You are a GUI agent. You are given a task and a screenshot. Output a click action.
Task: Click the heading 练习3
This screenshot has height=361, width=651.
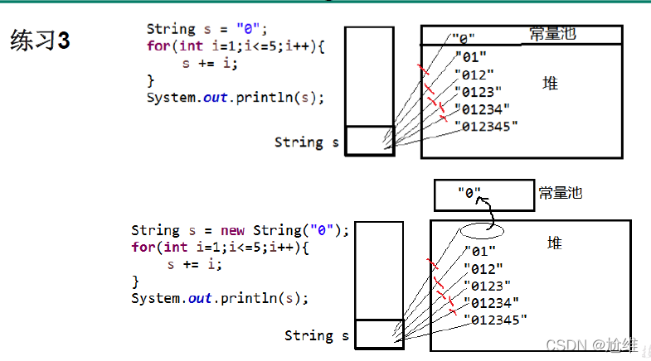(40, 41)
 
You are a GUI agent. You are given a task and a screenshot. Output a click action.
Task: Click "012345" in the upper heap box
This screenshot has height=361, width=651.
(487, 126)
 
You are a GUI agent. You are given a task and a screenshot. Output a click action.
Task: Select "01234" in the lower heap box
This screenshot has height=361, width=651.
(492, 303)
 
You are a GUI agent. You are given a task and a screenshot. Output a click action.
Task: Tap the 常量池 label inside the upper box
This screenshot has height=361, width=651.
(552, 35)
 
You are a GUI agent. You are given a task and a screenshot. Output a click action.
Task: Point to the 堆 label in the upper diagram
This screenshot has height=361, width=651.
(550, 83)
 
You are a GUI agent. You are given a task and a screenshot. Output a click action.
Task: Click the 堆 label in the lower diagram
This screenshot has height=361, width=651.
(554, 243)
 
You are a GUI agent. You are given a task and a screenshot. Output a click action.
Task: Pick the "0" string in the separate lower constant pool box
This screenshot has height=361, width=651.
(469, 193)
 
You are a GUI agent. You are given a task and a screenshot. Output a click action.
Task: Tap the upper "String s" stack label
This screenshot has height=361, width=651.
(306, 142)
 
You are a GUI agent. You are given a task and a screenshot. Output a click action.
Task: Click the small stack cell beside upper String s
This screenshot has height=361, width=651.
(369, 141)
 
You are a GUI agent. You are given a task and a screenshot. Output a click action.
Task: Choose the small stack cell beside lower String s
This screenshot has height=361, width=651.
(379, 334)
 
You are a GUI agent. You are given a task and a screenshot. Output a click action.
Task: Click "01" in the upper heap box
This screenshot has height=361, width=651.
(470, 57)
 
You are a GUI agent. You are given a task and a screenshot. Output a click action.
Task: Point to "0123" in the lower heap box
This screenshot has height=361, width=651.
(488, 286)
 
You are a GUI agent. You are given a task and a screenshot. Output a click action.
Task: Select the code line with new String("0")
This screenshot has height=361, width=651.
(240, 230)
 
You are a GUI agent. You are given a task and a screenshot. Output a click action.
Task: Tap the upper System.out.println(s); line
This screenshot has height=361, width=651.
(235, 98)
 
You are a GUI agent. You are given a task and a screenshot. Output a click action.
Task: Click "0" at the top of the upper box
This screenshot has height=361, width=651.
(464, 38)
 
